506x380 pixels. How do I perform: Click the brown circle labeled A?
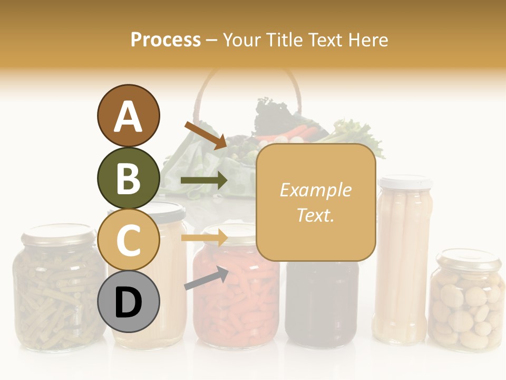(x=128, y=116)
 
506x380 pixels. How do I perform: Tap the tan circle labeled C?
(x=128, y=240)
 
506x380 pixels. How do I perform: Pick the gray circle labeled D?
(x=128, y=301)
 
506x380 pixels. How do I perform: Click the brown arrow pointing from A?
(x=206, y=135)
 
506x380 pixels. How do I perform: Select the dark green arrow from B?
(x=204, y=180)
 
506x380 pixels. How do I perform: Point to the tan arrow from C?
(x=204, y=238)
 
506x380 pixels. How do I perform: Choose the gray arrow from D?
(x=206, y=278)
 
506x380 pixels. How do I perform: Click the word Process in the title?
(x=166, y=40)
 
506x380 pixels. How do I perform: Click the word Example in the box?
(x=315, y=190)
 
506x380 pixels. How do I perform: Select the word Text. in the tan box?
(x=315, y=215)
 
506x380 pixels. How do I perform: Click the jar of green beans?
(x=53, y=296)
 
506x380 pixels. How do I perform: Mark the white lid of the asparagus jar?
(x=405, y=182)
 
